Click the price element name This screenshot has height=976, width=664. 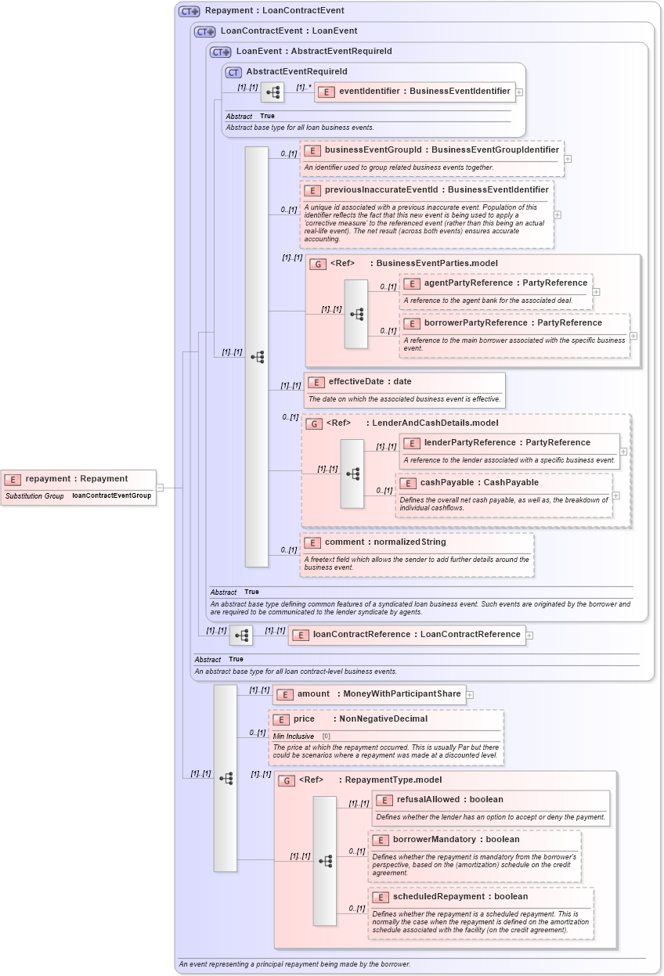[x=304, y=718]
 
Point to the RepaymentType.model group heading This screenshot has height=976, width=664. [x=392, y=780]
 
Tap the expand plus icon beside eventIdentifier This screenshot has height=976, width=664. [x=519, y=92]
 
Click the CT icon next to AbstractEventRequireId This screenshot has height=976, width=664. [x=233, y=72]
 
